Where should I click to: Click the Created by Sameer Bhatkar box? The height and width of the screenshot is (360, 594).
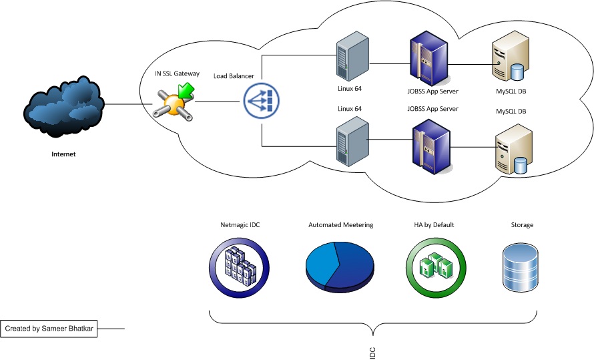pyautogui.click(x=49, y=329)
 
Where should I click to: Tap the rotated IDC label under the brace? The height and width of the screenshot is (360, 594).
pyautogui.click(x=373, y=352)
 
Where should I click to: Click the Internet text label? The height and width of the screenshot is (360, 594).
pyautogui.click(x=64, y=154)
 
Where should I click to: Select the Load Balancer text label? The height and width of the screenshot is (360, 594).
pyautogui.click(x=234, y=76)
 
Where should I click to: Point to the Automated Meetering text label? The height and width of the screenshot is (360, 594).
pyautogui.click(x=340, y=225)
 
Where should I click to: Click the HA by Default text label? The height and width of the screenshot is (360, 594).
pyautogui.click(x=434, y=225)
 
